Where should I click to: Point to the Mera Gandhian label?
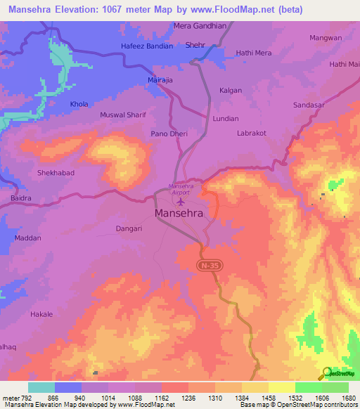200,27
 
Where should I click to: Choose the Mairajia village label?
160,81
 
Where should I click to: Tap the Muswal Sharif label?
122,114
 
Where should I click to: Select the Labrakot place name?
252,133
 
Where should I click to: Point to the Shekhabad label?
56,172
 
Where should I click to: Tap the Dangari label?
129,228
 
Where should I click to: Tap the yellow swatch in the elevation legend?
281,387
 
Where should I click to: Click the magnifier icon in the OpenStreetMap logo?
327,373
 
